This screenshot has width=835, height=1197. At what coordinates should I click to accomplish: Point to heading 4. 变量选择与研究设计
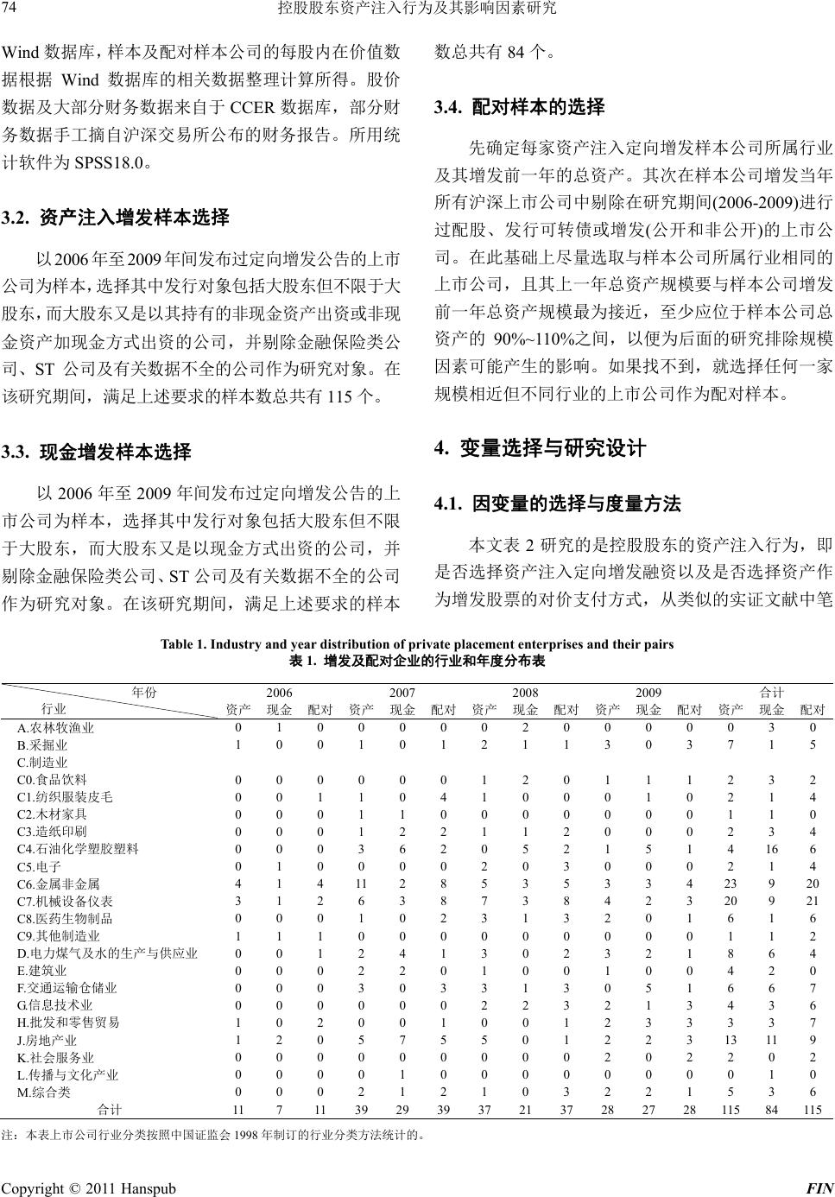540,448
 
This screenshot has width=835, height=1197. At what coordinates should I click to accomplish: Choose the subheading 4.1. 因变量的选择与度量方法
557,503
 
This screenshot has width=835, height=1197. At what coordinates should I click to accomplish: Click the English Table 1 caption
417,643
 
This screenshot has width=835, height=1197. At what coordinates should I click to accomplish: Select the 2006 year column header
279,693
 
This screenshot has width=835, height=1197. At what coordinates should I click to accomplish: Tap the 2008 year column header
525,693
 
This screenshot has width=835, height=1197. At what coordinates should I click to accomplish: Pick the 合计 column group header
771,693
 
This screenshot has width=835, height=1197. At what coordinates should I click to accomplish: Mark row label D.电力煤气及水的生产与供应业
107,953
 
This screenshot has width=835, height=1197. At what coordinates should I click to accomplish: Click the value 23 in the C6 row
731,883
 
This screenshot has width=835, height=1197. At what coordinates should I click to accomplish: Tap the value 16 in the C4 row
771,849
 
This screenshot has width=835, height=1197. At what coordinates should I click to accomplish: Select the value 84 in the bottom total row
771,1109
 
